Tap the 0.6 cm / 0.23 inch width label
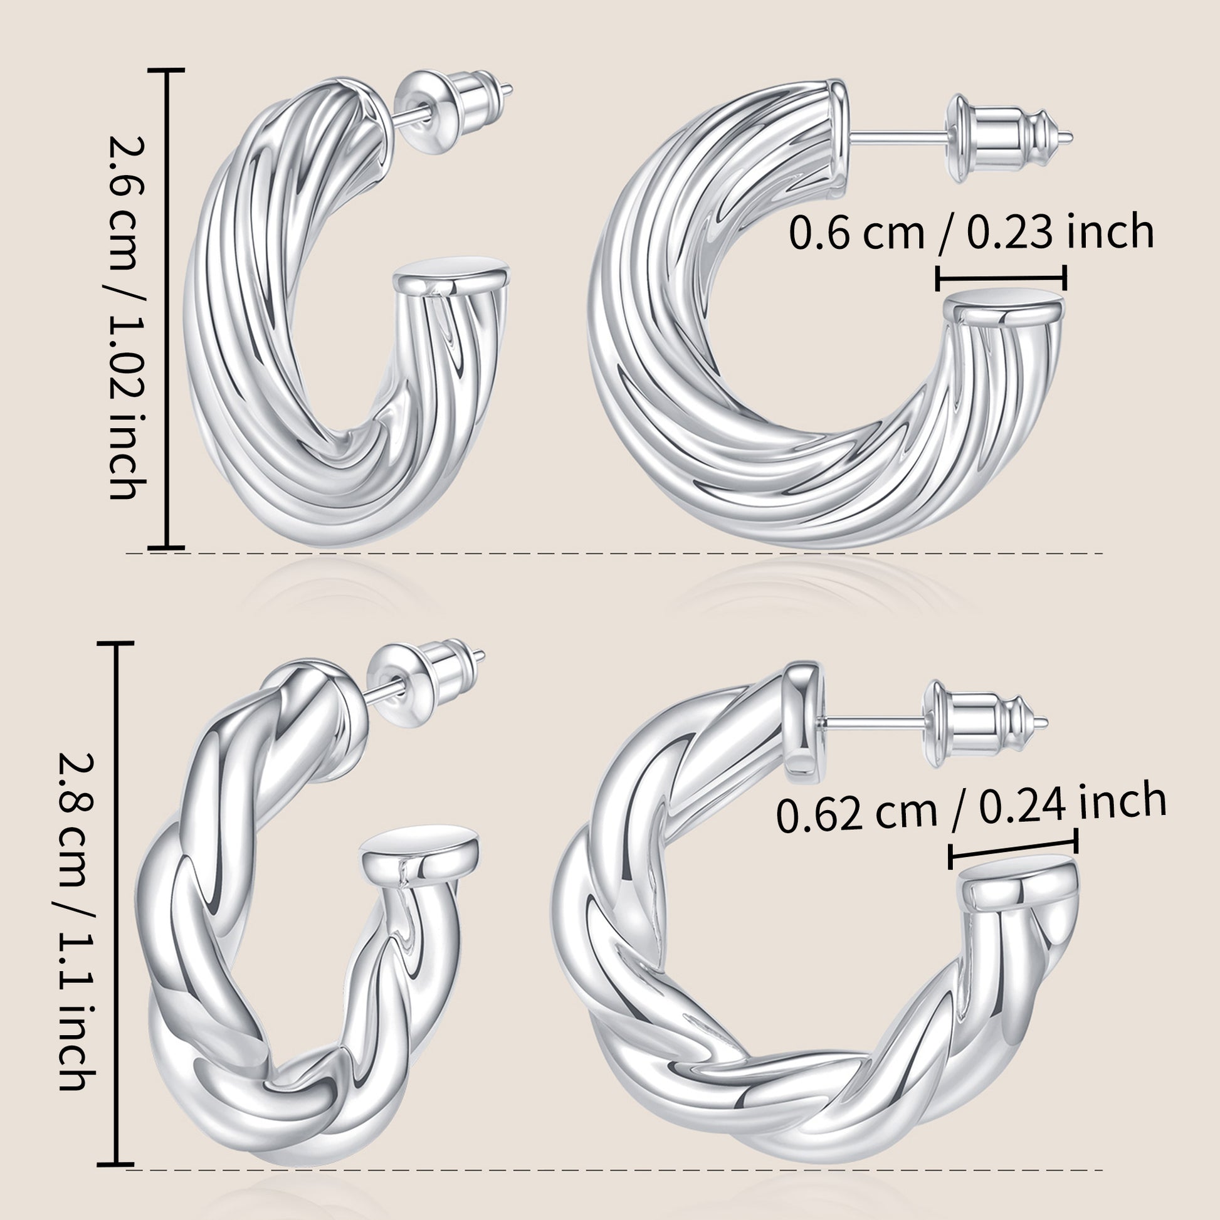[x=971, y=232]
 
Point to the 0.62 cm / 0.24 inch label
[x=970, y=807]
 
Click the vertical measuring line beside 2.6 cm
[x=167, y=309]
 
